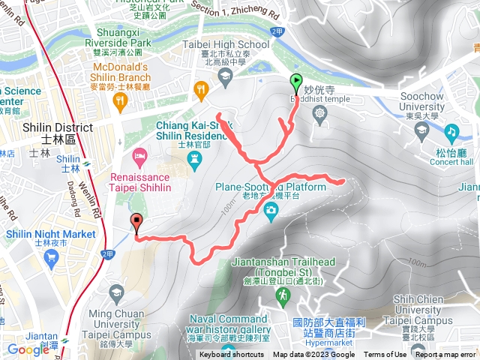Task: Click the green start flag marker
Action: pos(295,84)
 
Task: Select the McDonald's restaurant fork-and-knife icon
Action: pos(200,88)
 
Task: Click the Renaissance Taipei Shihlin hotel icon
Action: pos(139,157)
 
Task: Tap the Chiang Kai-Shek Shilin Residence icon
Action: pos(195,158)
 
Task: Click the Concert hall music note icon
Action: pos(451,131)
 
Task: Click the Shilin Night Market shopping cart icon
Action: pos(51,259)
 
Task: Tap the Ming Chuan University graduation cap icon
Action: pos(116,291)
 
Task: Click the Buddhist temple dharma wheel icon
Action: pos(321,113)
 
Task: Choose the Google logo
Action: pos(28,349)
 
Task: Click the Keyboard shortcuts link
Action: pos(232,355)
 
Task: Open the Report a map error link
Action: pos(447,355)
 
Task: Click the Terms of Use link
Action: pos(385,355)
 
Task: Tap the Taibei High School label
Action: pos(226,44)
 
